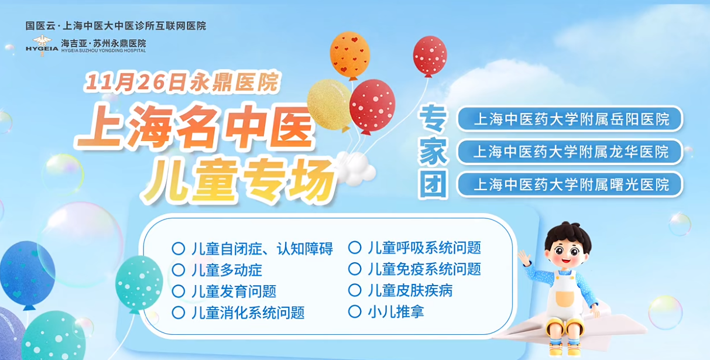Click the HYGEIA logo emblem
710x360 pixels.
pos(42,45)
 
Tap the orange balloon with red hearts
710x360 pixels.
pos(350,56)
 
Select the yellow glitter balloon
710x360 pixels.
pos(330,105)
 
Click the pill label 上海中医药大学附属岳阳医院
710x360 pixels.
pos(570,119)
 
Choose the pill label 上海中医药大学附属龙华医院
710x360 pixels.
pos(570,152)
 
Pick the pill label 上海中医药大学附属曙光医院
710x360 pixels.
pos(570,184)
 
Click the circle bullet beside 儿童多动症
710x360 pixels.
pos(179,270)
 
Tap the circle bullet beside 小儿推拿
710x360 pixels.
pos(355,311)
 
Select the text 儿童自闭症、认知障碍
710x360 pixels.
pos(262,249)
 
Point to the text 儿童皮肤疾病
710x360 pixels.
pos(410,290)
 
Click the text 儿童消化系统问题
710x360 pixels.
pos(248,313)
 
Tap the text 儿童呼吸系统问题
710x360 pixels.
pos(424,248)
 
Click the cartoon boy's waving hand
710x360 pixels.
pos(524,258)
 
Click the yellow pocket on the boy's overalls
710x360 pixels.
pos(564,299)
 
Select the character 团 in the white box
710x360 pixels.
pos(433,184)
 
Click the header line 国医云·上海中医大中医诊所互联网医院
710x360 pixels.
pos(116,26)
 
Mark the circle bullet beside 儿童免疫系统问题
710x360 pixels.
pos(355,269)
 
